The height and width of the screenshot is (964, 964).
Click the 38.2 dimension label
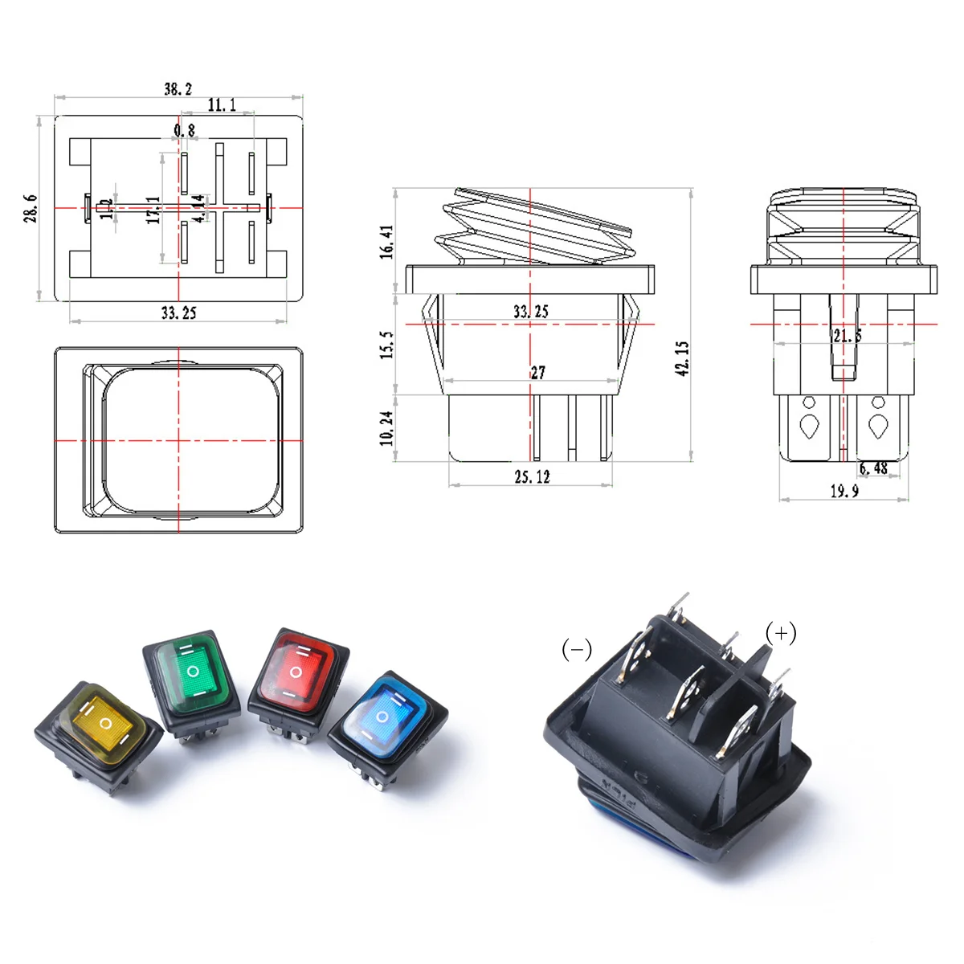(178, 88)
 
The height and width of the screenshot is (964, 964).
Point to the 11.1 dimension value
(222, 105)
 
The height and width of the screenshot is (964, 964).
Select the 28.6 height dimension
(31, 209)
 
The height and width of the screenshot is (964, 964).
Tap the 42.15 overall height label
(683, 358)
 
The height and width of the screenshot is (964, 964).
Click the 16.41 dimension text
(387, 242)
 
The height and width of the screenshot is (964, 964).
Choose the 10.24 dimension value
(387, 428)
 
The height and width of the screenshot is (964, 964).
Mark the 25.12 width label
(532, 476)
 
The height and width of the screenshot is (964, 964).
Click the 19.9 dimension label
(843, 491)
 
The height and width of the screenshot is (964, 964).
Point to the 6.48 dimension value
(873, 468)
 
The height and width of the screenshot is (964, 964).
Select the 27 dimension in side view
(537, 372)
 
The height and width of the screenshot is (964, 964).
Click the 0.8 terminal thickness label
(184, 130)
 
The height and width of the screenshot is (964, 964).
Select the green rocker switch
(192, 675)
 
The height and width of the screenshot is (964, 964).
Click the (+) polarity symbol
(781, 633)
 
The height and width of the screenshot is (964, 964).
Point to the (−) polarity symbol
(576, 649)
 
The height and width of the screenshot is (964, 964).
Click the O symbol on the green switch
(192, 671)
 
